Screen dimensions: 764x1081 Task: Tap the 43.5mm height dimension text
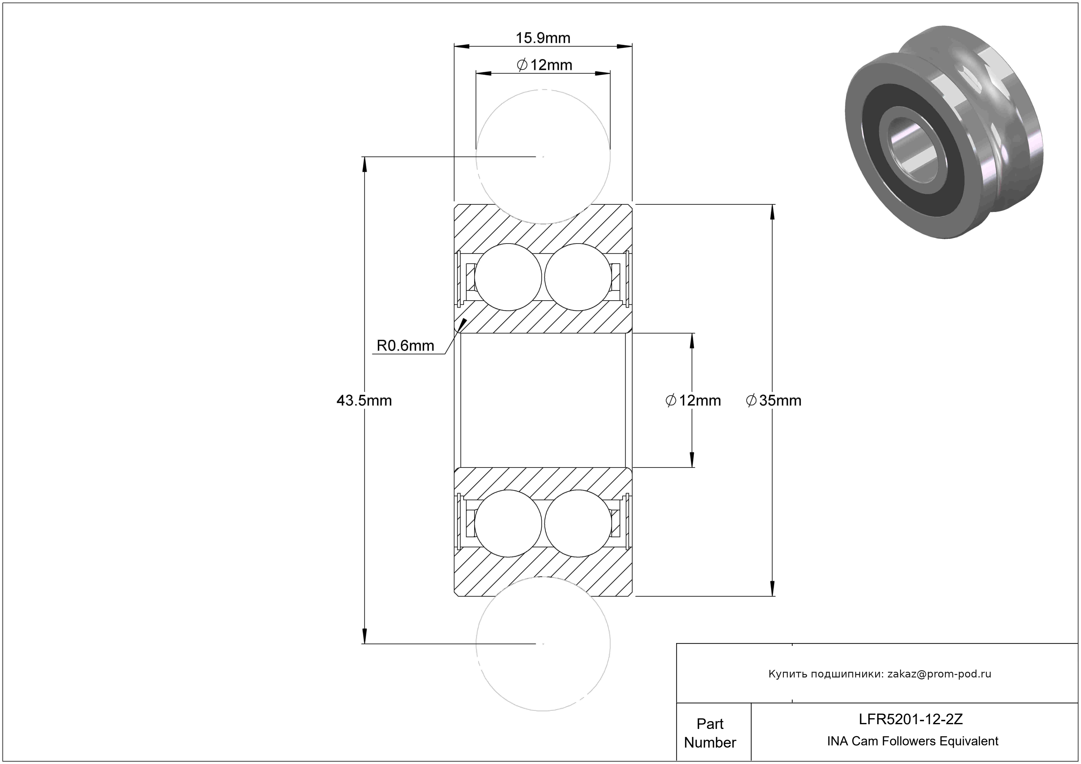click(x=364, y=400)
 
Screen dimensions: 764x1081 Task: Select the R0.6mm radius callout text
click(x=405, y=346)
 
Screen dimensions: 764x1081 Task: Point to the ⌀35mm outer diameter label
click(x=773, y=400)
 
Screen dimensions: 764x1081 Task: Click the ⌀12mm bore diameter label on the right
click(x=693, y=400)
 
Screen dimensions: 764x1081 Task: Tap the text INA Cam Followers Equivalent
click(x=912, y=741)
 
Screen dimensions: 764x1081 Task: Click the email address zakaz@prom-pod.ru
click(x=939, y=674)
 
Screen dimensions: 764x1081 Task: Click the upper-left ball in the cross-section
click(x=508, y=277)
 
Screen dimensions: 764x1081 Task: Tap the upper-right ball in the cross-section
click(x=578, y=277)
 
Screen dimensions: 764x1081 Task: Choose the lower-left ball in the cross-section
click(x=508, y=523)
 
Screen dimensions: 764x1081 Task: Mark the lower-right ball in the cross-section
click(x=578, y=523)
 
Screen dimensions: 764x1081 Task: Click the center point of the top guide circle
click(x=543, y=157)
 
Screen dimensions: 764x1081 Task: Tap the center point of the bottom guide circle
click(x=543, y=643)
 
